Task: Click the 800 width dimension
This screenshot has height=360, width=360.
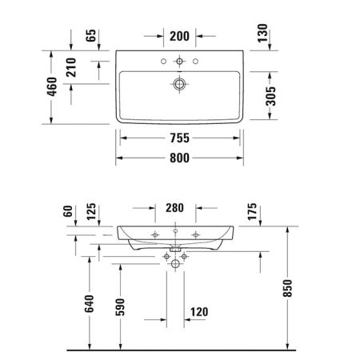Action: pos(179,158)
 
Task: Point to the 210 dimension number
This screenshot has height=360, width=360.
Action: pos(71,70)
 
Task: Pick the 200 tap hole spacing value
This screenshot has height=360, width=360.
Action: pos(179,36)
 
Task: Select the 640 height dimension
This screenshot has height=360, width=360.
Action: pos(90,304)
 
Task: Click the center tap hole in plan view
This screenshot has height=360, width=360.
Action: pos(179,61)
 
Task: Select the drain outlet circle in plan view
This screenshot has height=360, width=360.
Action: pos(179,82)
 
